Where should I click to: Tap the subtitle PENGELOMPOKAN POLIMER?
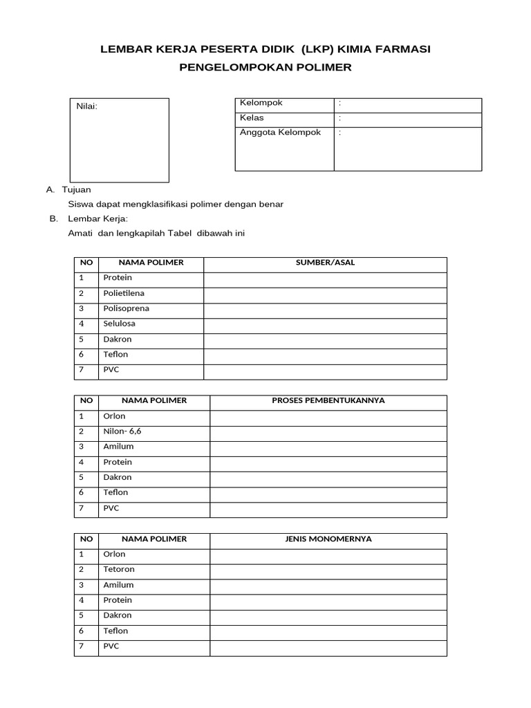point(265,67)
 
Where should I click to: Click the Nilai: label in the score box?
point(86,106)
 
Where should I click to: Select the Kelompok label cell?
point(261,103)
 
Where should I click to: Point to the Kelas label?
point(252,118)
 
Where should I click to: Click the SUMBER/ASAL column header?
point(325,263)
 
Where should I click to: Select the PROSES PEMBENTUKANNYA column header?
point(328,401)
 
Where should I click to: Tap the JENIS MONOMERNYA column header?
point(328,539)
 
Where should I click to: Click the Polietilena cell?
point(124,293)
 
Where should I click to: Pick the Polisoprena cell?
point(126,308)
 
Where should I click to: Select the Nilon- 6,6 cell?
point(122,431)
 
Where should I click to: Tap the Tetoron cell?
point(119,569)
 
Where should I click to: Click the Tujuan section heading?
point(76,189)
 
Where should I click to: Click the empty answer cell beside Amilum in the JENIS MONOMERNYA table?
point(328,585)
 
